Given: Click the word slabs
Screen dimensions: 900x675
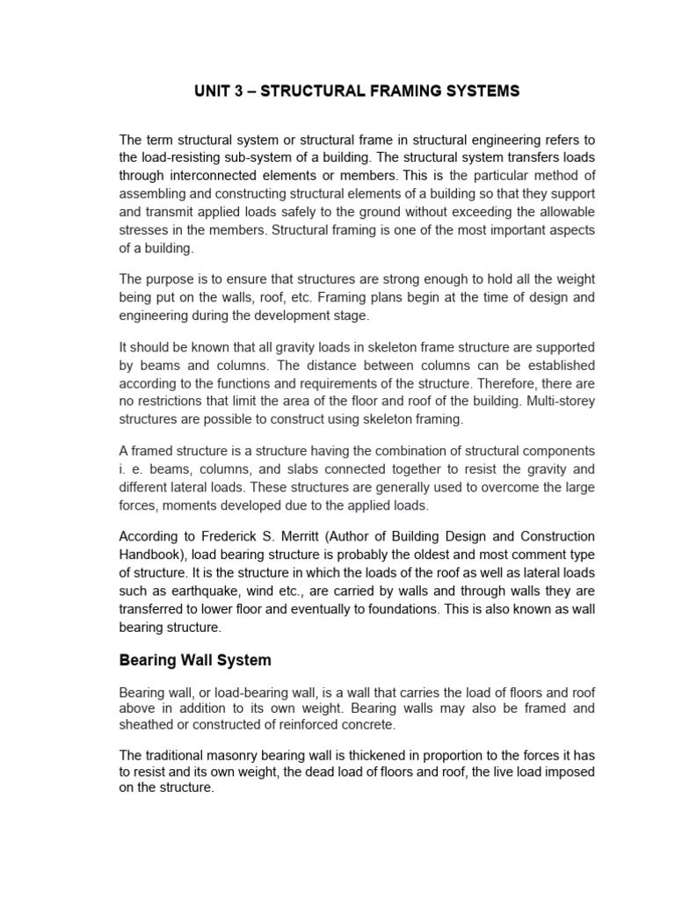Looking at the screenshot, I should [x=287, y=468].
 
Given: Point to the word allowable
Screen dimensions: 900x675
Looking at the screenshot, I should [x=559, y=212].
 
